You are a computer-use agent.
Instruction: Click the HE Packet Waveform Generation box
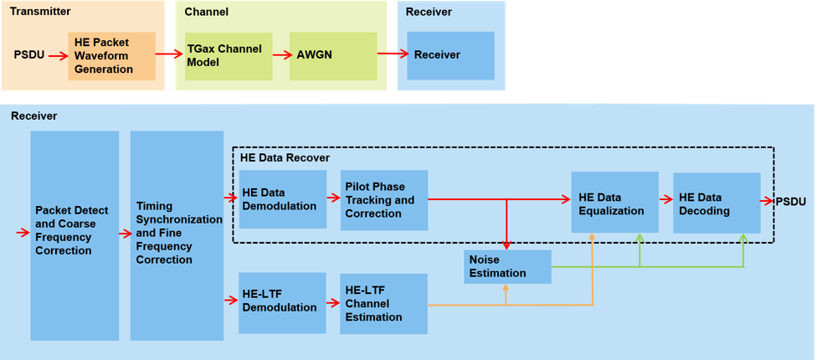(112, 56)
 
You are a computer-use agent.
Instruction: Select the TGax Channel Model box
(228, 56)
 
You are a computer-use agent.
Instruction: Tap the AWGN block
(333, 56)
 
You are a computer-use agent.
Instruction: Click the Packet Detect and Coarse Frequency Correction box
(75, 235)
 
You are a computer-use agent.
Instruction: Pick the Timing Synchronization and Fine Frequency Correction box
(177, 235)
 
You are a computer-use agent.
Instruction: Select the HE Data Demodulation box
(282, 199)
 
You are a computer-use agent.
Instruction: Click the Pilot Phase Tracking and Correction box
(384, 200)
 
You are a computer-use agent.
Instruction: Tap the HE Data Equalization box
(614, 203)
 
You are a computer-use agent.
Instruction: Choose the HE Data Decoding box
(717, 203)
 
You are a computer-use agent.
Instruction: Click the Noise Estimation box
(508, 266)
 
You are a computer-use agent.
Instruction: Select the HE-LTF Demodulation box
(282, 302)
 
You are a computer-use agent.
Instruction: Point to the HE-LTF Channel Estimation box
(383, 304)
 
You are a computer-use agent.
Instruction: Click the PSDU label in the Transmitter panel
(29, 55)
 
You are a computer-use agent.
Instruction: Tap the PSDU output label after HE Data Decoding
(791, 202)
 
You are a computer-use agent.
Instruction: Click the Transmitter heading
(40, 12)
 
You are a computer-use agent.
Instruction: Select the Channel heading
(207, 12)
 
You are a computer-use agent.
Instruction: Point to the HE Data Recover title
(285, 157)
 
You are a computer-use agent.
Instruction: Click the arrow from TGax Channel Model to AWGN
(281, 55)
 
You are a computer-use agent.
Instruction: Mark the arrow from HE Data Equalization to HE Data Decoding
(665, 200)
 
